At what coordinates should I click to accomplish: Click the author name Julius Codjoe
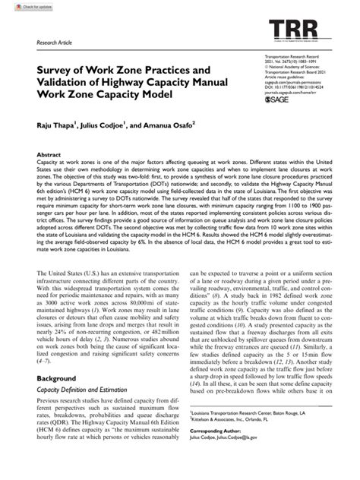coord(106,125)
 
